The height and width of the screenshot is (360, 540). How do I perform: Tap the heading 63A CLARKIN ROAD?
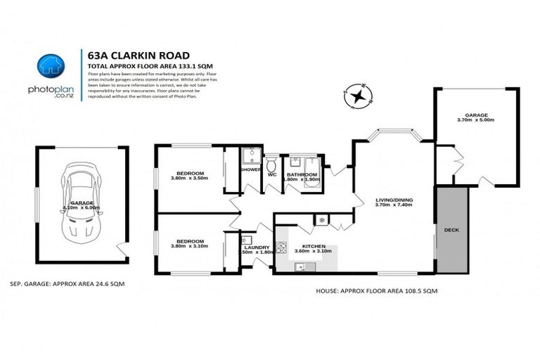click(x=134, y=56)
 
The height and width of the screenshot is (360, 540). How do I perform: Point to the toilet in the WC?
click(x=271, y=164)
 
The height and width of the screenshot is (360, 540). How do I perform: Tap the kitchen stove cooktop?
click(x=281, y=247)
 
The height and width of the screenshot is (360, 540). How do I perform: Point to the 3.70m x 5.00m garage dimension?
click(x=476, y=120)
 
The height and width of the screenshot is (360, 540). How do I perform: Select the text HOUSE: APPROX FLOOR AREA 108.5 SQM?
click(x=370, y=288)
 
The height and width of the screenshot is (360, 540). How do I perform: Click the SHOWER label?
click(x=251, y=169)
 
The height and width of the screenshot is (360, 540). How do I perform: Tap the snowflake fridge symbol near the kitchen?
click(x=323, y=220)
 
